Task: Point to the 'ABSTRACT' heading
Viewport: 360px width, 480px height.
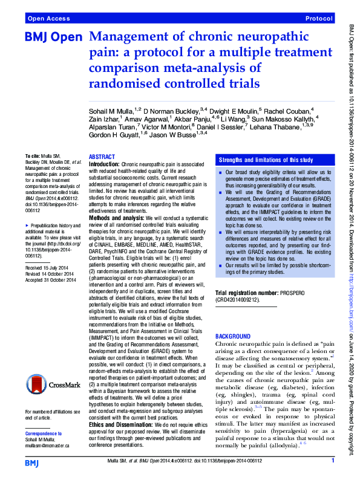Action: click(x=102, y=156)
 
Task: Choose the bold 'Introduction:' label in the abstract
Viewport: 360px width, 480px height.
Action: click(x=105, y=164)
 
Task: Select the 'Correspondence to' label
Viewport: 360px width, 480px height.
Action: click(x=45, y=433)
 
